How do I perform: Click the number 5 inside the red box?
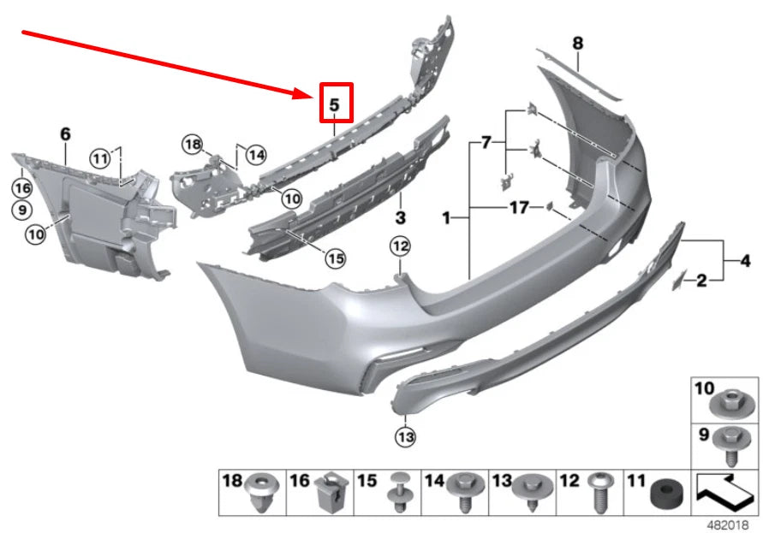[x=335, y=105]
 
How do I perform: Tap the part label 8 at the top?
[x=577, y=43]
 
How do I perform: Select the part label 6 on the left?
[x=65, y=133]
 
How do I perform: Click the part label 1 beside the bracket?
[x=446, y=220]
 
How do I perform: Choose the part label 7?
[x=486, y=142]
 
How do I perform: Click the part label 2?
[x=700, y=280]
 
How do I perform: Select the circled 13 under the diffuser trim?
[x=405, y=437]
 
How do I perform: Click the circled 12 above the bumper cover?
[x=401, y=246]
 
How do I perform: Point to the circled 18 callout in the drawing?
[x=192, y=145]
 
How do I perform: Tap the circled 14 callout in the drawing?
[x=255, y=155]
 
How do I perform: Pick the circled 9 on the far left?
[x=21, y=209]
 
